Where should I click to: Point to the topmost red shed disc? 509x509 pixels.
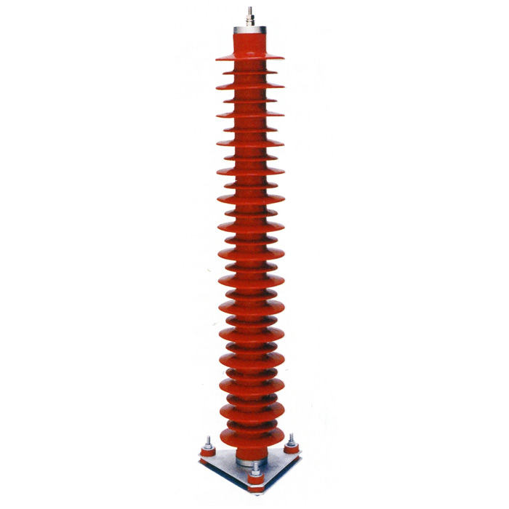249,56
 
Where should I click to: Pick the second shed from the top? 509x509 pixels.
249,71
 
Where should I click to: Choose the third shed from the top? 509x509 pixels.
249,84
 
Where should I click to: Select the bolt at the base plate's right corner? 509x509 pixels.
292,441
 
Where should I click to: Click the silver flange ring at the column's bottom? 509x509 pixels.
252,459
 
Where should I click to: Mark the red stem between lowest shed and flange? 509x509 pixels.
252,448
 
